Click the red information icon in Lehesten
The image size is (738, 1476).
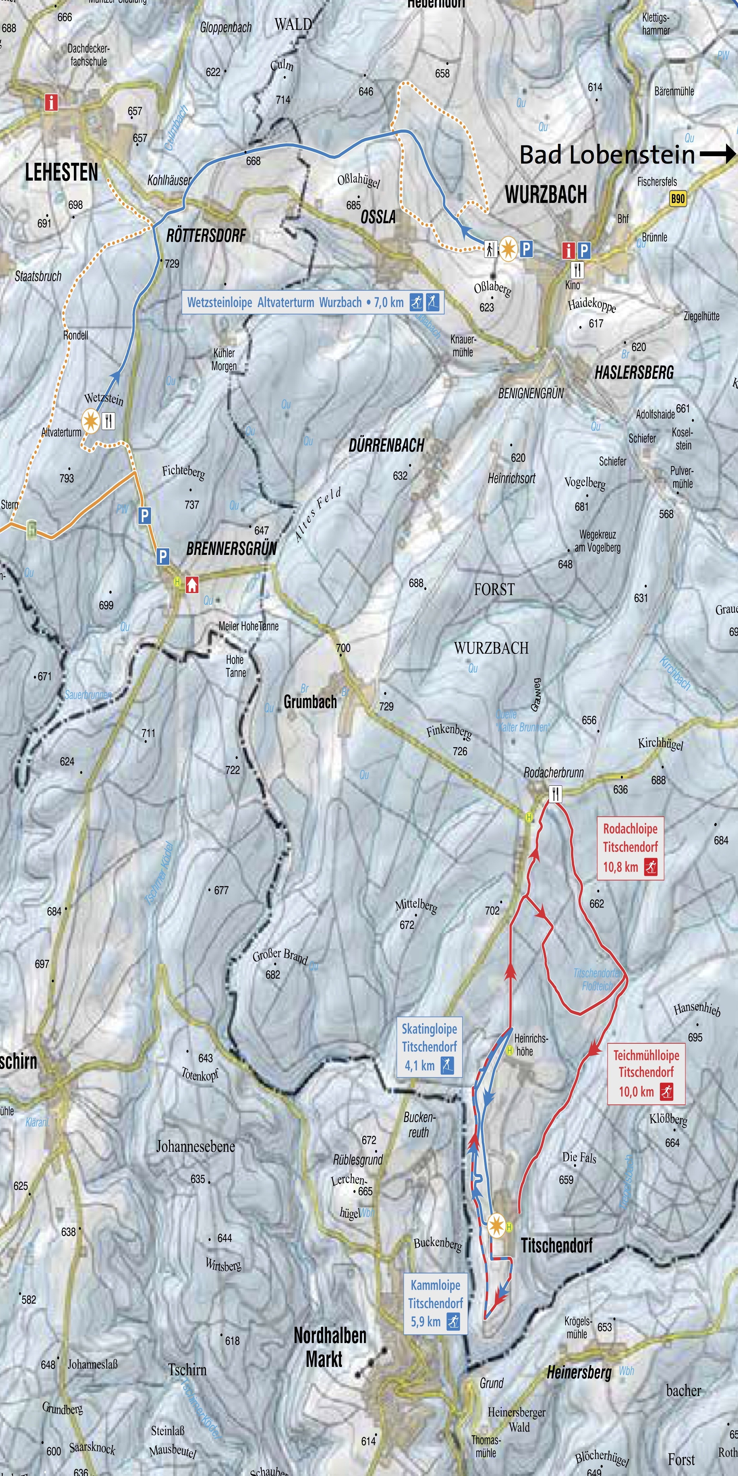pos(51,102)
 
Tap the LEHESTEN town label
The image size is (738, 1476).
pos(61,172)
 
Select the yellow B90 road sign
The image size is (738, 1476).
pos(678,199)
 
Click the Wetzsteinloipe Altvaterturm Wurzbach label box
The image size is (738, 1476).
pos(313,302)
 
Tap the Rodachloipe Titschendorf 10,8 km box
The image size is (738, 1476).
pos(630,848)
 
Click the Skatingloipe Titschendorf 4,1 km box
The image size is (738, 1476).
pos(429,1048)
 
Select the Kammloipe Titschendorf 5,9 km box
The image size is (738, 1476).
pos(435,1304)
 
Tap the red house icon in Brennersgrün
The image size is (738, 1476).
pos(192,584)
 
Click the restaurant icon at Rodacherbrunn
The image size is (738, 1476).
pos(555,793)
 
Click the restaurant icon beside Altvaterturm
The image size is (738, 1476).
pos(108,421)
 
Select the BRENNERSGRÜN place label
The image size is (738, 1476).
pos(232,548)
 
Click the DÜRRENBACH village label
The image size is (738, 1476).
pos(386,445)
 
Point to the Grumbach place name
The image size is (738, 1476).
pos(310,701)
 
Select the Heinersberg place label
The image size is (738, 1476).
pos(579,1372)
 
